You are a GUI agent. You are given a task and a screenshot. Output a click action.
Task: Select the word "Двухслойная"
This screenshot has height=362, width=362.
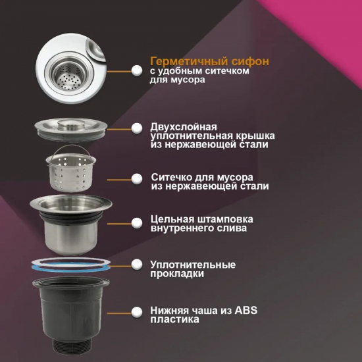click(184, 127)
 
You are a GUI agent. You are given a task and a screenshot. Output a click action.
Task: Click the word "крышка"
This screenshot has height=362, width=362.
click(255, 136)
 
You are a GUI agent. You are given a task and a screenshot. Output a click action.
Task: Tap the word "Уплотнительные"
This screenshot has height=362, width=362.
click(193, 265)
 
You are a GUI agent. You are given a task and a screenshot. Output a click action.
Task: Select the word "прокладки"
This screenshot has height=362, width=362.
click(177, 274)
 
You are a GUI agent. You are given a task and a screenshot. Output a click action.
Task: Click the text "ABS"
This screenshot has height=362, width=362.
click(246, 310)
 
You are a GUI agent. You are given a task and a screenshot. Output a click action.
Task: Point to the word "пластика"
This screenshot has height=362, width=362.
click(175, 320)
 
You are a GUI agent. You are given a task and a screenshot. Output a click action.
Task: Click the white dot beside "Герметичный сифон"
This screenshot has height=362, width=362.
click(137, 70)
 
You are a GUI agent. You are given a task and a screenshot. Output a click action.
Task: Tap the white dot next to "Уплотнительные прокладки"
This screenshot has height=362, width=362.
click(137, 265)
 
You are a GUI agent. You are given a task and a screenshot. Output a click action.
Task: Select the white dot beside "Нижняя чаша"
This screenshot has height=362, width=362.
click(137, 313)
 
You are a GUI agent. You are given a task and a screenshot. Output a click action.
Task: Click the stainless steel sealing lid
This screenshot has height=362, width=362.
click(71, 129)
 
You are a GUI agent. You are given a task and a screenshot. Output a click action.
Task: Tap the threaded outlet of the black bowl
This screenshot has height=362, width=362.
click(72, 346)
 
